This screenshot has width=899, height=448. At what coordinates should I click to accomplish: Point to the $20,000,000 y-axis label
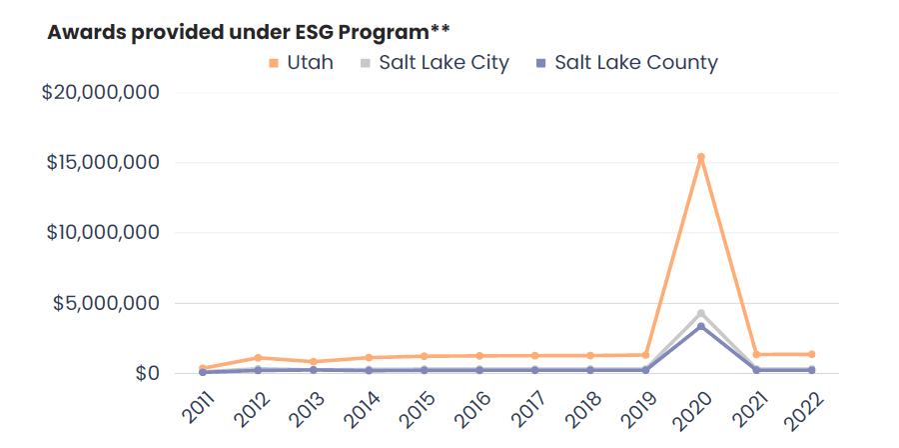[x=100, y=92]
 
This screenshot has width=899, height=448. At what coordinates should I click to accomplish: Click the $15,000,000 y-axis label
[x=100, y=162]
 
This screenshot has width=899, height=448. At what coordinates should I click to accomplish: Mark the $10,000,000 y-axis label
[x=100, y=232]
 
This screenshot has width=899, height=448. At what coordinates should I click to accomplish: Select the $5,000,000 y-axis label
[x=106, y=303]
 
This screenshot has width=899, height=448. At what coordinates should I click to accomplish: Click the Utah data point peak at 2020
[x=701, y=157]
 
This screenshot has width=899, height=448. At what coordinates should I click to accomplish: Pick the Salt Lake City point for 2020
[x=701, y=313]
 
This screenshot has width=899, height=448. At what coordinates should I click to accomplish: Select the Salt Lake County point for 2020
[x=701, y=326]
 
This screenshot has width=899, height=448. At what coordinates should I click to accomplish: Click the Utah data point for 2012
[x=258, y=358]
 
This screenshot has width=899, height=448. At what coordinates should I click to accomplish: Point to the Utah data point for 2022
[x=811, y=354]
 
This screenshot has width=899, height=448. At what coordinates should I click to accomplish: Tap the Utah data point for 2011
[x=203, y=368]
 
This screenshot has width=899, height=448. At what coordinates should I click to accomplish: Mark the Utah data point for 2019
[x=646, y=355]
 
